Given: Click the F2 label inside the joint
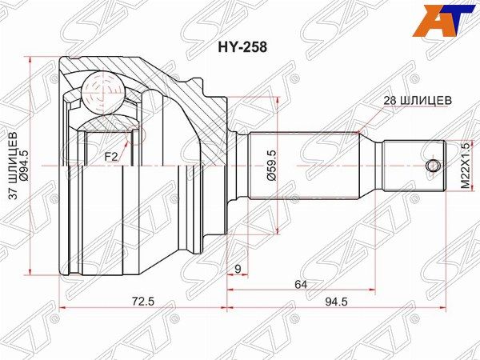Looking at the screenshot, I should click(x=111, y=158).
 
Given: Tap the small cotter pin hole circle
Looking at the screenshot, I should click(x=433, y=166).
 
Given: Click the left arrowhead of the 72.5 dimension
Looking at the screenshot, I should click(x=62, y=306).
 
